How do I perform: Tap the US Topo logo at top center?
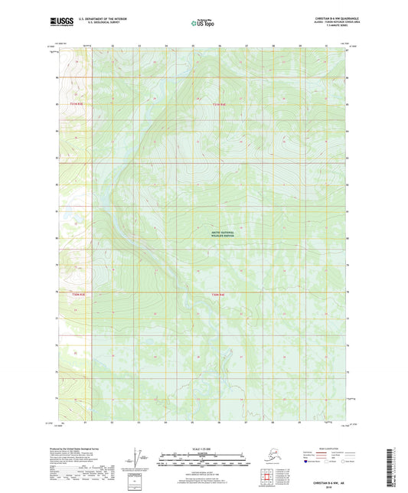(x=202, y=24)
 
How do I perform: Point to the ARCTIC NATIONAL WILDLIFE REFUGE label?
(x=220, y=236)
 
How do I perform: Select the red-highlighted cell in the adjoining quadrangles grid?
(x=266, y=475)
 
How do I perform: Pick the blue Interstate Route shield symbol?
(x=308, y=462)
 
